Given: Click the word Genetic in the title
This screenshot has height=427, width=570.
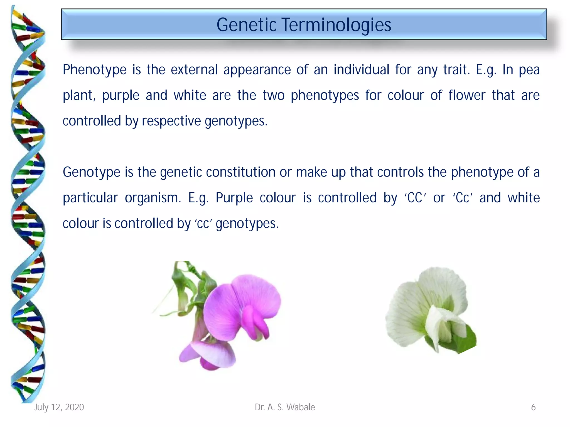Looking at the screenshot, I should pos(246,25).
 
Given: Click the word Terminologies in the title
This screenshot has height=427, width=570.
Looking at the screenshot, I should pos(336,25).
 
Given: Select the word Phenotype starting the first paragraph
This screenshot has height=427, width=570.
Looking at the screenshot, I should pos(95,70).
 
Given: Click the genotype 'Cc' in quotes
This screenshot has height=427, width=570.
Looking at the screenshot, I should pos(462,198).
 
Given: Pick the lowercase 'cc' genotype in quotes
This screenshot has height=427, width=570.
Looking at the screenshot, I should pos(203,224).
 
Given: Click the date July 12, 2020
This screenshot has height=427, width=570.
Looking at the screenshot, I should pos(59,407).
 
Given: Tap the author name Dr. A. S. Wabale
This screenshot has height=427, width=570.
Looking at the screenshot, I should pos(285,407).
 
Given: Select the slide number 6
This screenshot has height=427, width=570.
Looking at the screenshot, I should pos(533,407).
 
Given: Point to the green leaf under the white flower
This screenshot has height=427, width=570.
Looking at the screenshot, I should pos(465,341).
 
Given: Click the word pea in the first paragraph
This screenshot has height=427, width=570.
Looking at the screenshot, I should pos(529,70).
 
